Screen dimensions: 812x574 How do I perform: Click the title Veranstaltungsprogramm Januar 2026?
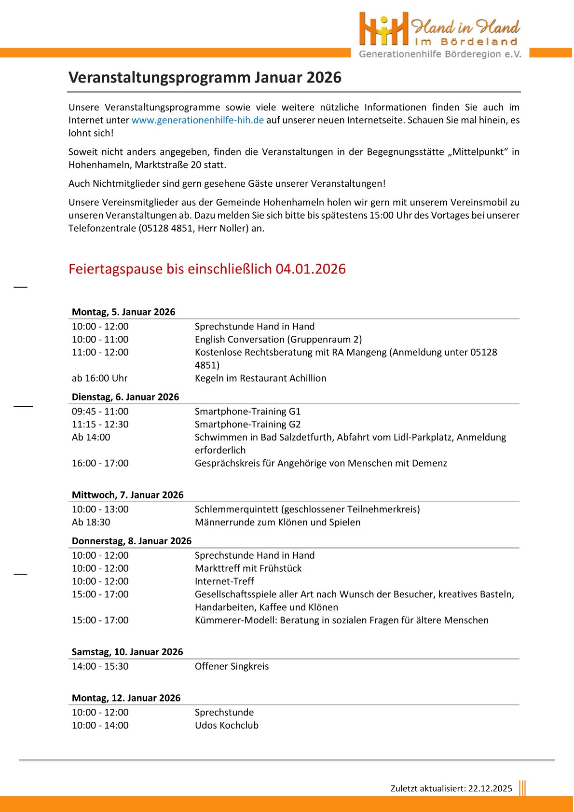pos(205,78)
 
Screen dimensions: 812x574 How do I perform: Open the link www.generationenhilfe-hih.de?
pos(198,120)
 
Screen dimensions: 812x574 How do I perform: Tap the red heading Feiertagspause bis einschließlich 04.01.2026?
pos(207,269)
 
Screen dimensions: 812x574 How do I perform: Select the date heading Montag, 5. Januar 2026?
pos(123,312)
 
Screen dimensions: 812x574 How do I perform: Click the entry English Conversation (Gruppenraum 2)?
pos(278,339)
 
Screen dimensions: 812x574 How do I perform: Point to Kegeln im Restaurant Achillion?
pos(260,378)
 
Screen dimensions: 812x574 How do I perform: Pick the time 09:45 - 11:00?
pos(100,412)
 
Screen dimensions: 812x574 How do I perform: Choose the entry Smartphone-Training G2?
pos(247,425)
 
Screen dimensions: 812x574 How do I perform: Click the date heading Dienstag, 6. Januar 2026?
pos(125,397)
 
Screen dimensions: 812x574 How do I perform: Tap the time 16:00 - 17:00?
pos(100,463)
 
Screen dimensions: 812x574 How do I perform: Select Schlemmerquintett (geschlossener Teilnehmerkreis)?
pos(307,509)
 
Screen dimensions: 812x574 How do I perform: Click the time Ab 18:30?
pos(91,523)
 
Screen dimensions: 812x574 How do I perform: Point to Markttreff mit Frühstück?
pos(248,568)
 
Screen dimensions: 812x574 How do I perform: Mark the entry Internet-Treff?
pos(224,581)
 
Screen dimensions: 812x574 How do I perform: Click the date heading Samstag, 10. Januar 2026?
pos(127,652)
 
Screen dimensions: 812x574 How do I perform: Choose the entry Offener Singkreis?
pos(232,666)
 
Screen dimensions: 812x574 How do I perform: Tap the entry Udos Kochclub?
pos(227,726)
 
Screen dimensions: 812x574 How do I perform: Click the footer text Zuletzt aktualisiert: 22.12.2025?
pos(451,788)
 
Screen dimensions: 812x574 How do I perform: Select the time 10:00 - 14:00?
pos(100,726)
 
